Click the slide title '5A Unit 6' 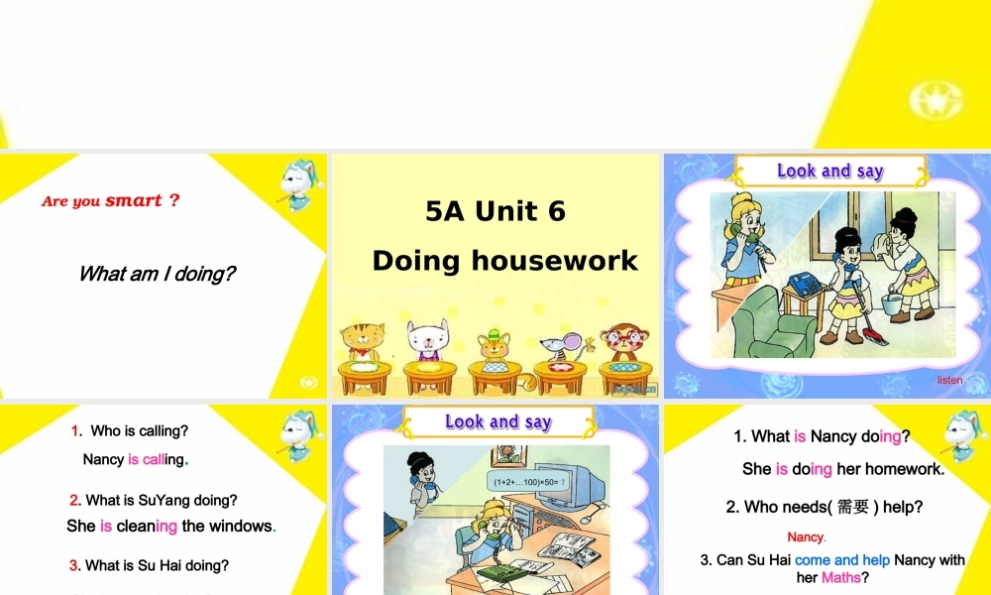click(495, 211)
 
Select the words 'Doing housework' click(504, 261)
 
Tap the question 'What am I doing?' click(157, 274)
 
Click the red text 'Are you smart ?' click(110, 200)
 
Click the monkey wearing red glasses click(621, 343)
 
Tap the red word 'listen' click(949, 380)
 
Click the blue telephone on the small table click(806, 284)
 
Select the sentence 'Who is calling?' click(139, 430)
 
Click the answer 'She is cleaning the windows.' click(171, 526)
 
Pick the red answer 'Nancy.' click(807, 536)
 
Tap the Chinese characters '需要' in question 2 click(852, 507)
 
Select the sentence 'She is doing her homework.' click(843, 468)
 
